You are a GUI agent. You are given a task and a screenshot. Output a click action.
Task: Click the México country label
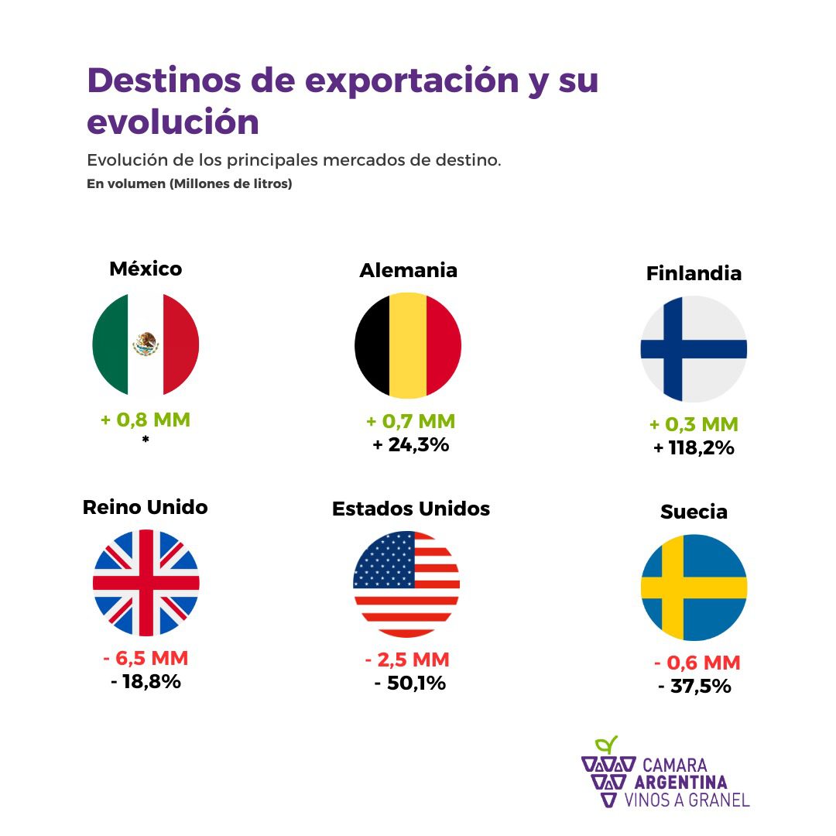(x=146, y=269)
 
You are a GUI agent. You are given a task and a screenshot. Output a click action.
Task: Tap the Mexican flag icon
(x=146, y=344)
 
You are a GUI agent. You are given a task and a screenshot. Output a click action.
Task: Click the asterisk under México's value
(x=146, y=440)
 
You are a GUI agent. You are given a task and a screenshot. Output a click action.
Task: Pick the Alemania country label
(x=408, y=270)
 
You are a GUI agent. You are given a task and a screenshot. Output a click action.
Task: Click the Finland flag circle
(x=694, y=348)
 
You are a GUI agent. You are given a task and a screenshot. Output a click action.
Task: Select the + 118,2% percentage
(x=694, y=447)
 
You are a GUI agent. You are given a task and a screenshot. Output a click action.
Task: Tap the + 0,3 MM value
(x=694, y=424)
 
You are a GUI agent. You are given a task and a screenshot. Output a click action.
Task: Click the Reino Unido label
(x=146, y=507)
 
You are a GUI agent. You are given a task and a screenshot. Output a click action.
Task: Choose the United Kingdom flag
(x=146, y=583)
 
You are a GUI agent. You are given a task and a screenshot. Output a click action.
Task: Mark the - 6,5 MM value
(x=146, y=659)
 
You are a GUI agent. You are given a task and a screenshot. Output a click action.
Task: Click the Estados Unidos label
(x=411, y=509)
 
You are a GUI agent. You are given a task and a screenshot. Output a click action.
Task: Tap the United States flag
(x=407, y=584)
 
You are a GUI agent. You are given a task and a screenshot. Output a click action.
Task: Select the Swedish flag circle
(x=694, y=588)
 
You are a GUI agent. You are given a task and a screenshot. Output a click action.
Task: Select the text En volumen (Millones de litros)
(x=189, y=184)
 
